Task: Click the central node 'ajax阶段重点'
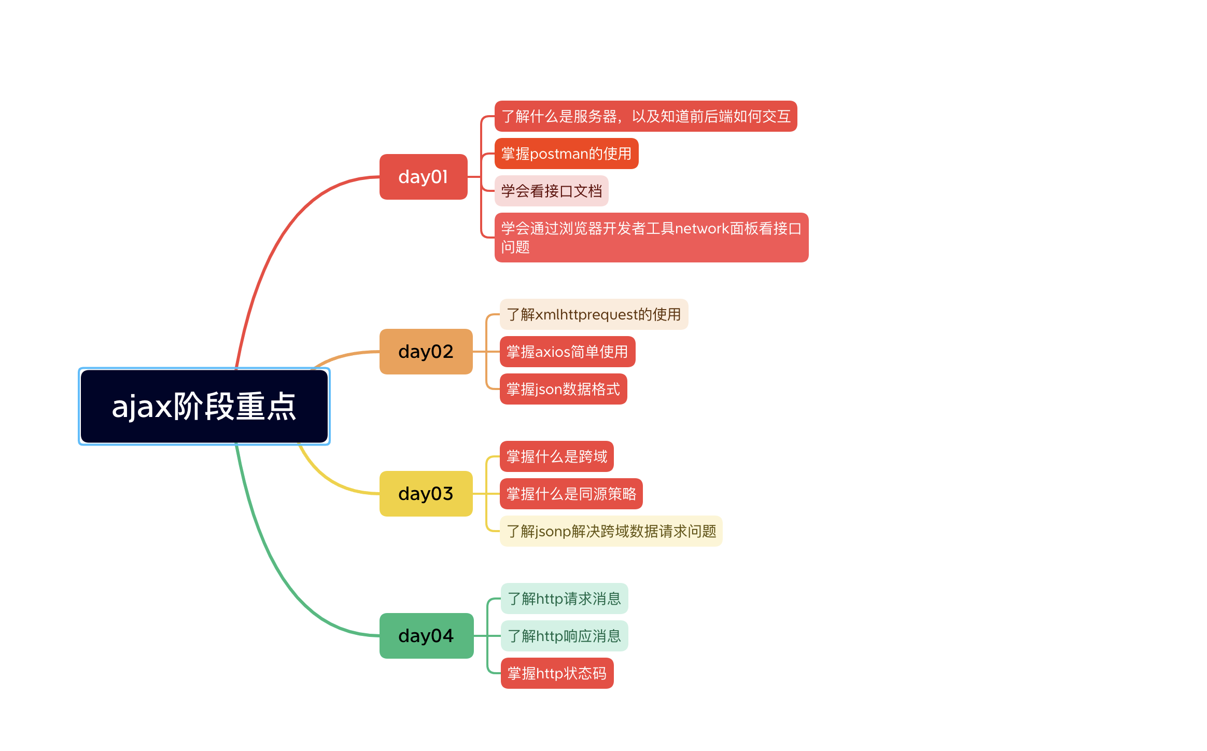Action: point(204,406)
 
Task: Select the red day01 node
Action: point(423,177)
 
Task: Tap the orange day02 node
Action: point(426,352)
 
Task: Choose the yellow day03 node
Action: point(426,494)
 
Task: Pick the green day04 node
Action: point(426,636)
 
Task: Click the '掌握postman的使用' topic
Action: point(566,154)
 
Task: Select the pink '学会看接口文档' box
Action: point(551,191)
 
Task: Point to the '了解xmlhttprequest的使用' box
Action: point(594,314)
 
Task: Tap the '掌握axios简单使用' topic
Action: point(567,352)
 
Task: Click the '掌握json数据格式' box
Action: point(563,389)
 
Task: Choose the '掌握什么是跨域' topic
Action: point(556,456)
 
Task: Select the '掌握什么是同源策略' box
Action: point(571,494)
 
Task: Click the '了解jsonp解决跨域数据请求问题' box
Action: point(611,531)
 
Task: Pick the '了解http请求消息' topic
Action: point(564,599)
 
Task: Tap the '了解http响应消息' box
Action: point(564,636)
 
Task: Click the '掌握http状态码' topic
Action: point(557,673)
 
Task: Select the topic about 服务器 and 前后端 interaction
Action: point(645,116)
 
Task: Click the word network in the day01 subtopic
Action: point(702,229)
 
